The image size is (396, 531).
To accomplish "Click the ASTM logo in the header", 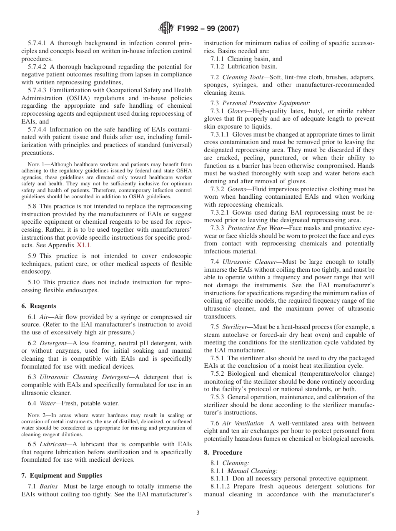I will click(167, 29).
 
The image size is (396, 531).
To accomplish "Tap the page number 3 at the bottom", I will click(198, 513).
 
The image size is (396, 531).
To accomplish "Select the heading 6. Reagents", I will click(38, 306).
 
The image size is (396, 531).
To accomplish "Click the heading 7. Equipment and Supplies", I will click(62, 475).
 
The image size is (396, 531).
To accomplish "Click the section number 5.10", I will click(34, 283).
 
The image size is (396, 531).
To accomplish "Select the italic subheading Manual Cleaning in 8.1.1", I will click(252, 471).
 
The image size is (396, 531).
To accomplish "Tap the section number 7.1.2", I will click(217, 66).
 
